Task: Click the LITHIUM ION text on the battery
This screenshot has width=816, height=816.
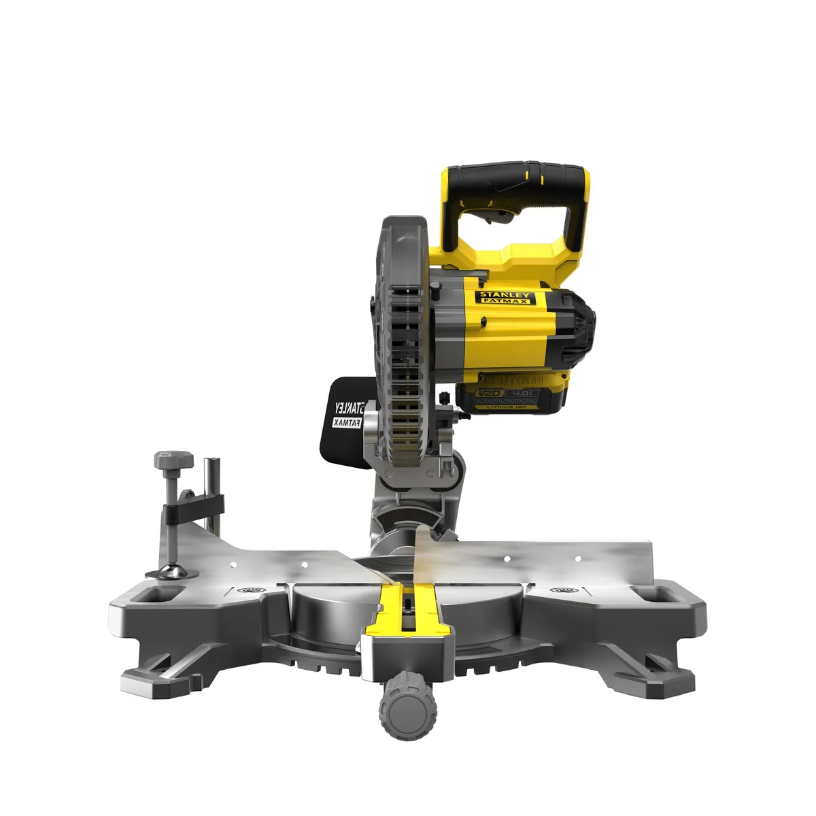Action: [x=517, y=405]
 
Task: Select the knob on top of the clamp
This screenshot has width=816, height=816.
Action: [x=173, y=462]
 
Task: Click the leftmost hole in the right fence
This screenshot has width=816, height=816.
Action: [x=506, y=558]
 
